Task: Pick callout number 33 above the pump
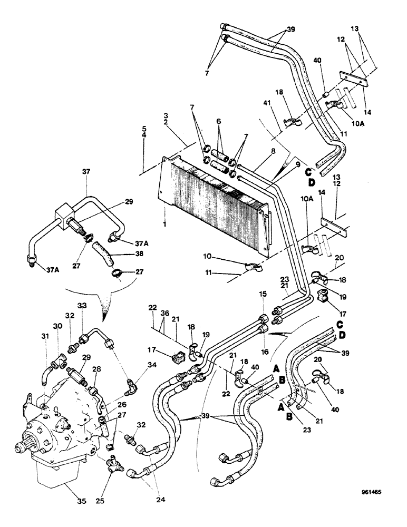tap(82, 305)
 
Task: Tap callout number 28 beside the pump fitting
tap(96, 369)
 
